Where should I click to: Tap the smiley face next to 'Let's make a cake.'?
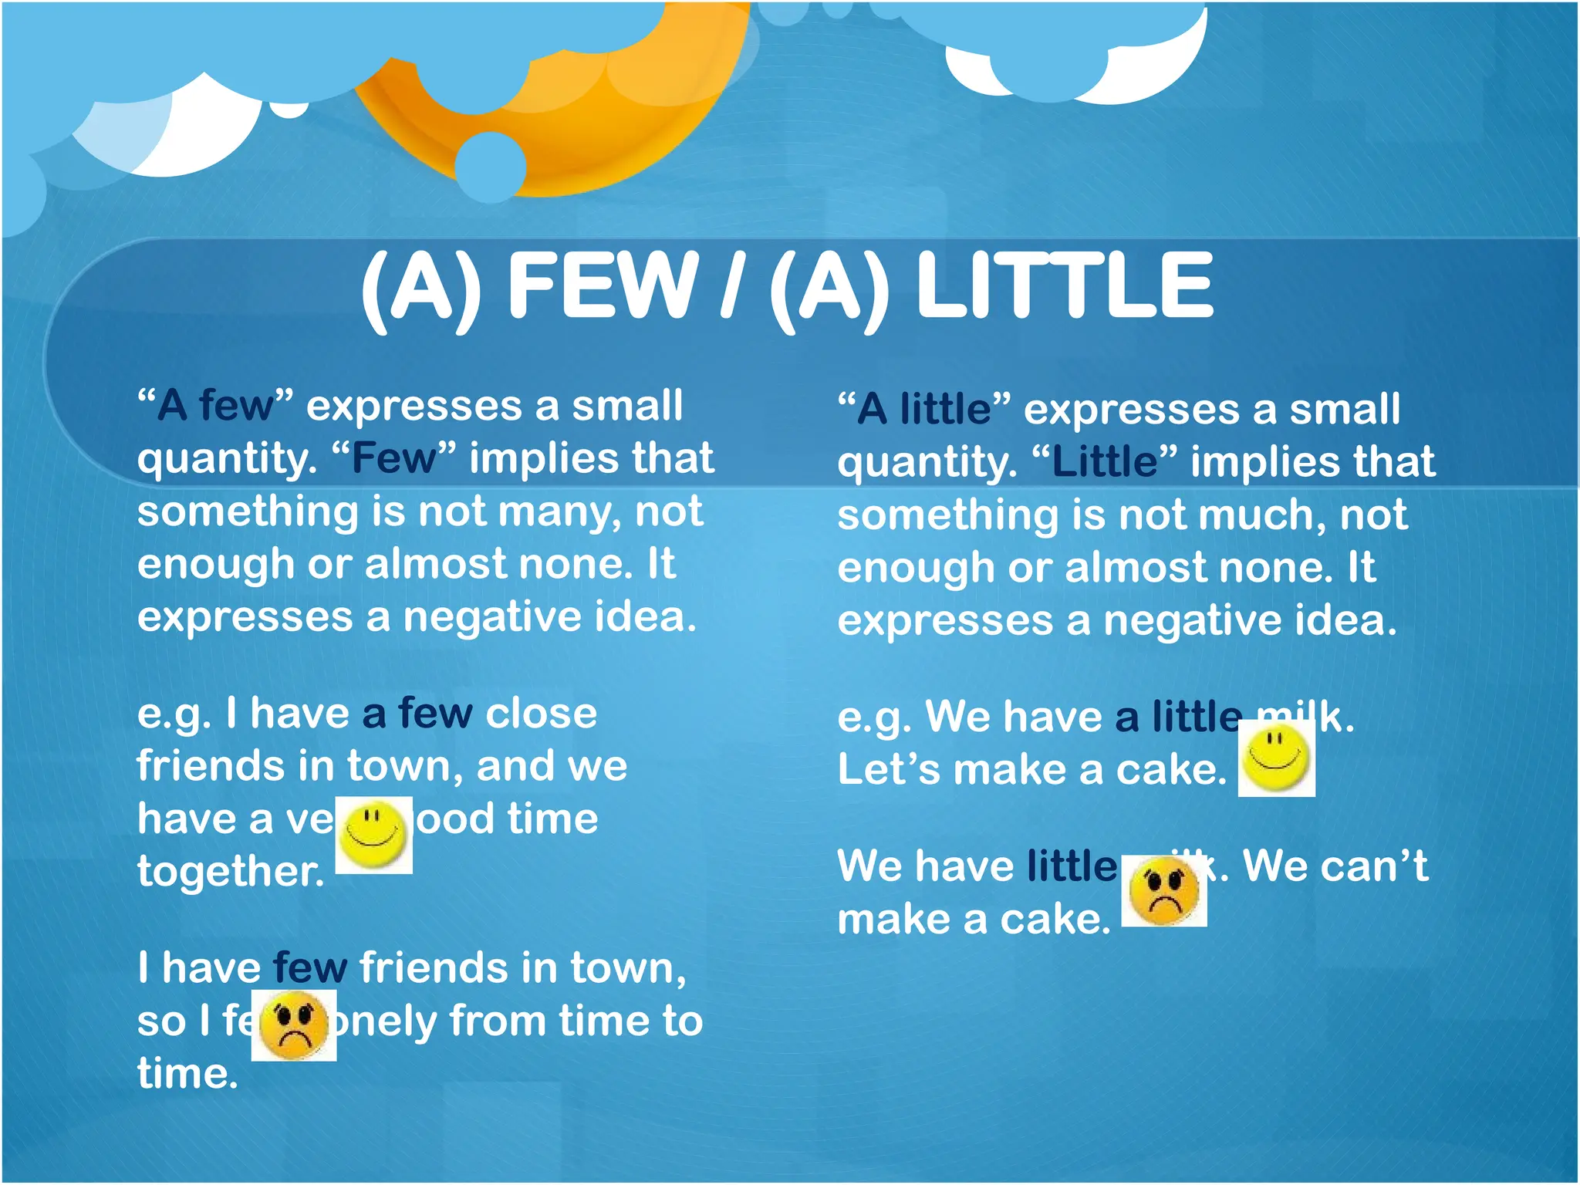pos(1276,760)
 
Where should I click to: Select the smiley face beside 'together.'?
pos(374,836)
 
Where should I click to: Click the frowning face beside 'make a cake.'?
pos(1163,892)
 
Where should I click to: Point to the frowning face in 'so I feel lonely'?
pos(294,1025)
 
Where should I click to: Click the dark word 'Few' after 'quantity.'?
pos(393,458)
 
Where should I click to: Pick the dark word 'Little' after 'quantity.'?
pos(1104,462)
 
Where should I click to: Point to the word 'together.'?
pos(231,872)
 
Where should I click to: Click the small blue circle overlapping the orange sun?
pos(491,167)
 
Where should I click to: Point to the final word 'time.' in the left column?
pos(187,1075)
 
